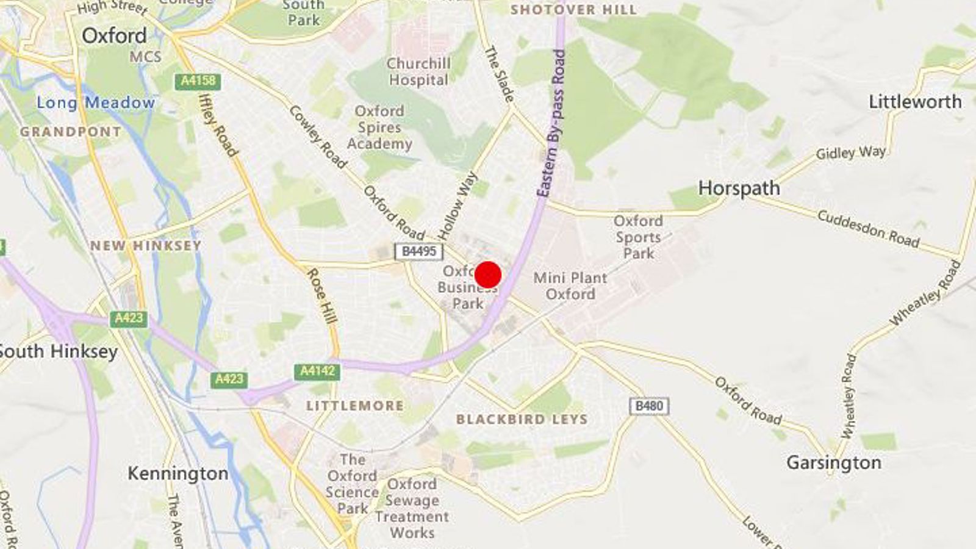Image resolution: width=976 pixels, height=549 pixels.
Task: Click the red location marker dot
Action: [x=488, y=274]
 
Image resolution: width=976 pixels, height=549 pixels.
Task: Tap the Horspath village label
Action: [x=739, y=188]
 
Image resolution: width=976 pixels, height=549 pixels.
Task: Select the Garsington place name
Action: [x=833, y=462]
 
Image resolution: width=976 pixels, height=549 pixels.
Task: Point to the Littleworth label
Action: [x=915, y=101]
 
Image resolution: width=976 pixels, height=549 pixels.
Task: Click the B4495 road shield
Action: [x=418, y=251]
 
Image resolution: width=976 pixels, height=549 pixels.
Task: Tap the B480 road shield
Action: [x=648, y=406]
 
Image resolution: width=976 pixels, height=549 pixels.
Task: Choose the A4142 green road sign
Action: [x=317, y=371]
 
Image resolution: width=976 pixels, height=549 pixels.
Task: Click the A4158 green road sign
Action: [x=198, y=81]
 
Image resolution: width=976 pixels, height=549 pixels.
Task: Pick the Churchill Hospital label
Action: [x=418, y=71]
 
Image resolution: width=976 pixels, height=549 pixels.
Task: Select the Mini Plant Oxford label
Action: [x=570, y=285]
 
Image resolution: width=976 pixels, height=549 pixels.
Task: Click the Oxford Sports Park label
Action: [x=638, y=237]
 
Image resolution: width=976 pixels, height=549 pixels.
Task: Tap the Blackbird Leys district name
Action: [x=522, y=419]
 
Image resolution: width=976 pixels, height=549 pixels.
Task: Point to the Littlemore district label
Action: [x=354, y=406]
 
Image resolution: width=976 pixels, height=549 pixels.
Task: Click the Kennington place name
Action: [x=178, y=473]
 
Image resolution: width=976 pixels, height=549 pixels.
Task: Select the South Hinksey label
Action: [x=59, y=351]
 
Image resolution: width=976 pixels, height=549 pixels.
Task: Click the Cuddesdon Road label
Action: [x=868, y=229]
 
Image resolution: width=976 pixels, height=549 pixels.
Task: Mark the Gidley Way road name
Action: [x=851, y=152]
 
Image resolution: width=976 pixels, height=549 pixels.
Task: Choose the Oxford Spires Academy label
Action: [x=379, y=127]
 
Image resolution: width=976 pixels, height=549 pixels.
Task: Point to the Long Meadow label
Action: [x=96, y=102]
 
